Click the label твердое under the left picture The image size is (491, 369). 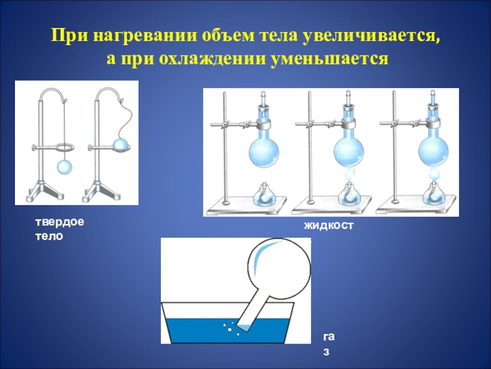pos(60,222)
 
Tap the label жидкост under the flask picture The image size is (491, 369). pos(328,226)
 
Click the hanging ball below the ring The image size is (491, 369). pos(64,167)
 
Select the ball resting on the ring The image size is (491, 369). pos(121,145)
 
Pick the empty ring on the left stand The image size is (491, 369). pos(65,147)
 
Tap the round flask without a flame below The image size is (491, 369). pos(264,151)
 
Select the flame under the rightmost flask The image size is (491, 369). pos(433,174)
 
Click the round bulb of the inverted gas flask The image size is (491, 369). pos(279,268)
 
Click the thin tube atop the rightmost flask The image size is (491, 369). pos(433,98)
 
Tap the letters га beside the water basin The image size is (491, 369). pos(329,337)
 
